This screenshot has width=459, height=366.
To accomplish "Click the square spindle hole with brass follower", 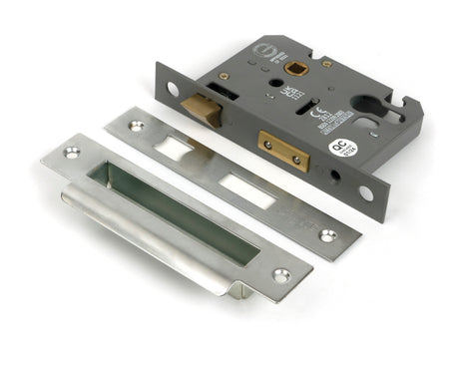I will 296,69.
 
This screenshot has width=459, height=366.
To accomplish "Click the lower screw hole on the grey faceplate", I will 366,193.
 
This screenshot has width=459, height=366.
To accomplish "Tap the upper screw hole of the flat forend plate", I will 137,128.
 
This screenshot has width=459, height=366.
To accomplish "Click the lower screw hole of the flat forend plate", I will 327,236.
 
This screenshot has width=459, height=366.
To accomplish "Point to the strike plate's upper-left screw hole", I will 72,153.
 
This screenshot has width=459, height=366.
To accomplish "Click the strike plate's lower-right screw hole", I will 282,274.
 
